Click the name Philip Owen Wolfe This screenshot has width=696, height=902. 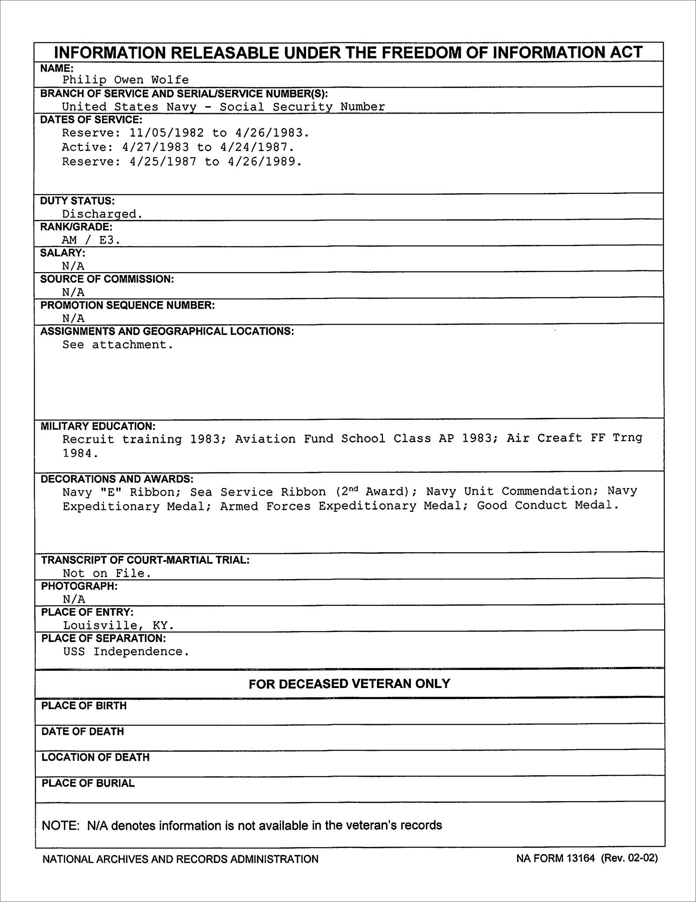(x=126, y=80)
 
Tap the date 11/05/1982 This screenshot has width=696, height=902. (x=167, y=133)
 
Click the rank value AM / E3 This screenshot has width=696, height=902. (x=91, y=240)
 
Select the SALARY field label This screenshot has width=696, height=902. (x=63, y=253)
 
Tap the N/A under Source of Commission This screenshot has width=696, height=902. (x=74, y=292)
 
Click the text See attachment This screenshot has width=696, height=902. (x=118, y=345)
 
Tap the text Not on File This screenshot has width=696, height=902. (x=107, y=573)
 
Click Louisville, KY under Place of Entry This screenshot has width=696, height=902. (x=118, y=625)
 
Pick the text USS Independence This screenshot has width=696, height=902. (x=126, y=651)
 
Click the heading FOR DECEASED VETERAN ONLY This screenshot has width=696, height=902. (x=349, y=684)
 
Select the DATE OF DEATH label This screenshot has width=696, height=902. (x=83, y=732)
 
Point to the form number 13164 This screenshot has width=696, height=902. (x=578, y=858)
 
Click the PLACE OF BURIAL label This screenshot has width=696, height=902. (x=88, y=784)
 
